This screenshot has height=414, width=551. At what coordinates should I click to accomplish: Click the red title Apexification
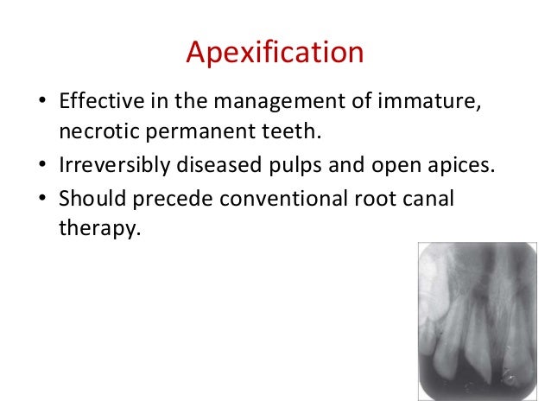(x=275, y=54)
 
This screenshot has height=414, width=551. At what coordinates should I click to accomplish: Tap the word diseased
(x=219, y=166)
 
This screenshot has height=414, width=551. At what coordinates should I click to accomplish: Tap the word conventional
(x=278, y=198)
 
